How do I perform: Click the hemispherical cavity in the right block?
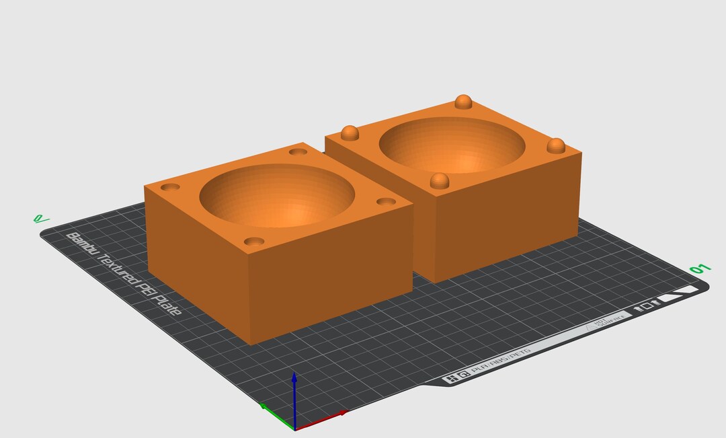(x=452, y=147)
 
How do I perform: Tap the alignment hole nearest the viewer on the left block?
(x=253, y=241)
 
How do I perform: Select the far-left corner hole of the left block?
(x=170, y=186)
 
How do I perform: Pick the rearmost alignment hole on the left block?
(x=298, y=151)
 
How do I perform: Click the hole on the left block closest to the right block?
(x=386, y=201)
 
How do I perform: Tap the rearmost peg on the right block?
(x=463, y=102)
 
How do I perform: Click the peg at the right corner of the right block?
(x=555, y=145)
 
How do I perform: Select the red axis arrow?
(x=323, y=420)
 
